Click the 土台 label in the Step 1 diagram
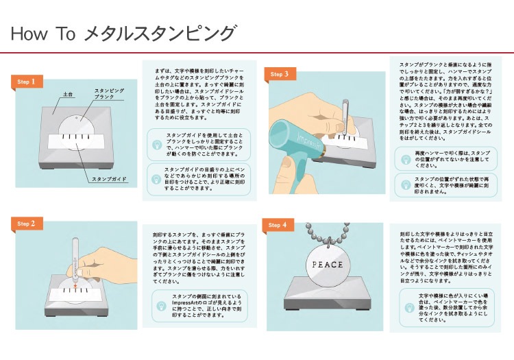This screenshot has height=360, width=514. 68,94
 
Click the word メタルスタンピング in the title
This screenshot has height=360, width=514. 159,34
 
